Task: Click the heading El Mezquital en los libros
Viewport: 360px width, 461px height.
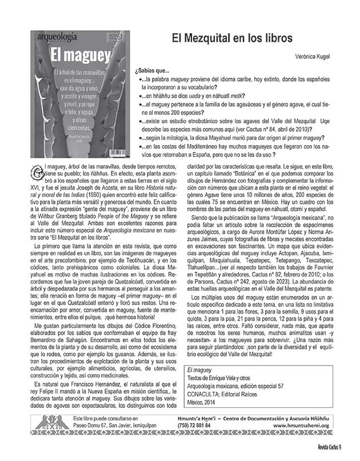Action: (x=233, y=38)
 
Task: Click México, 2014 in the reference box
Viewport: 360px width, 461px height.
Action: (x=205, y=402)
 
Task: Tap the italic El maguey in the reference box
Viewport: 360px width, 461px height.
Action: (x=197, y=371)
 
